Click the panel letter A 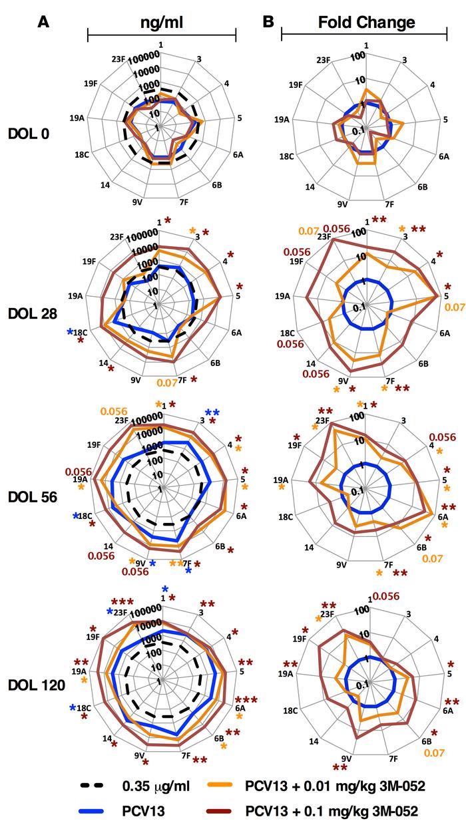43,21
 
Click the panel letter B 268,21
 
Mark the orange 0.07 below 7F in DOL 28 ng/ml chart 166,383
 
